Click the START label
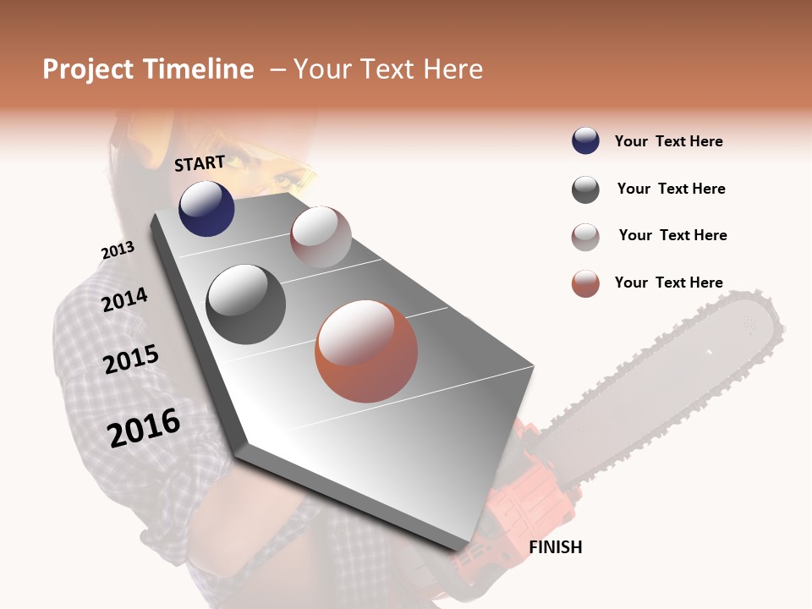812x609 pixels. click(200, 163)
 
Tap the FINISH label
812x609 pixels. click(555, 547)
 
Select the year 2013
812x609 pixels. click(118, 250)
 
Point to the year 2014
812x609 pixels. click(124, 300)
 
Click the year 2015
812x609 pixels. click(131, 360)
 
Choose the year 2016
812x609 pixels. click(144, 428)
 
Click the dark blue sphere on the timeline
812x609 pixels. click(206, 208)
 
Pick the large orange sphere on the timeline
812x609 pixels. click(366, 351)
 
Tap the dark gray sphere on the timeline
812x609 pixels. click(245, 304)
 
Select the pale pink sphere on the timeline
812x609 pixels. click(321, 237)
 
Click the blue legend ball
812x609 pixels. click(585, 140)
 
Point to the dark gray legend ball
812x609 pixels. click(585, 189)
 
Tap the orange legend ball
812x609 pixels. click(585, 283)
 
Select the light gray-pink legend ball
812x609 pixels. click(585, 237)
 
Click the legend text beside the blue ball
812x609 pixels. click(668, 141)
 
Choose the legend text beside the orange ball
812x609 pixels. click(668, 283)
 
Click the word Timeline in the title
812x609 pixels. click(198, 69)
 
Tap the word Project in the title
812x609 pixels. click(88, 69)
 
